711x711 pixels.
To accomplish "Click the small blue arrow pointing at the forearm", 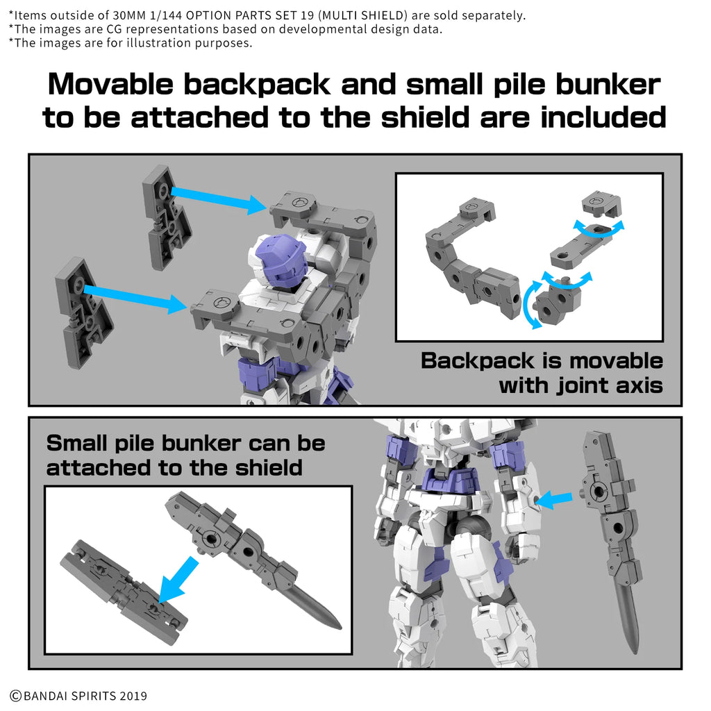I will tap(555, 497).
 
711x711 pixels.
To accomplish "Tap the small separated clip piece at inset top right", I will tap(599, 201).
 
